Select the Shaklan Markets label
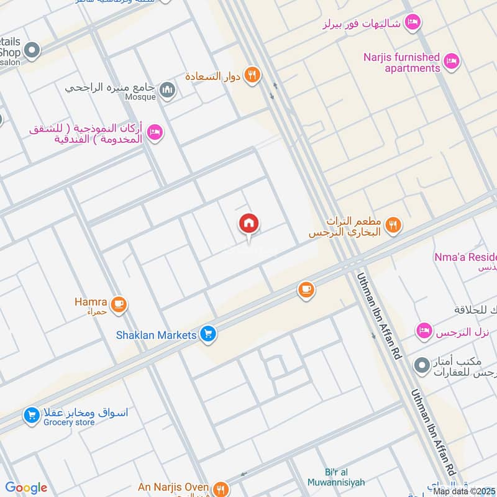click(157, 335)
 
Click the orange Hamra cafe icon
click(119, 304)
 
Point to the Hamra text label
click(91, 303)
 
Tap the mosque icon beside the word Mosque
click(167, 91)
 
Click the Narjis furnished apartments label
click(402, 63)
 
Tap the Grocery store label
click(69, 422)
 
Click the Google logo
click(26, 488)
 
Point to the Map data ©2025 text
click(464, 491)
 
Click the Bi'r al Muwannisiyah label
click(335, 476)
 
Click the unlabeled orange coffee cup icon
click(305, 290)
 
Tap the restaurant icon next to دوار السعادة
click(252, 75)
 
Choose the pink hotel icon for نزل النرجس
click(424, 331)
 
